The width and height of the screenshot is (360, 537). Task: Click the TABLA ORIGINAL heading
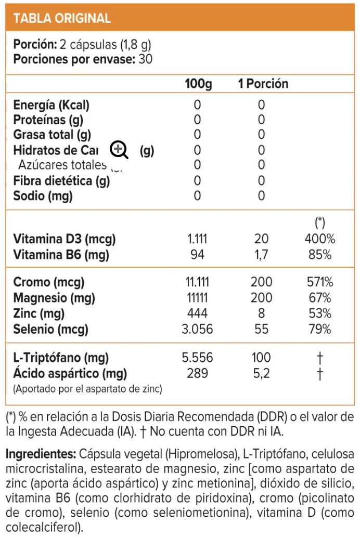pos(62,18)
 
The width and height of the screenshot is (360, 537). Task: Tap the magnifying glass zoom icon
pos(119,150)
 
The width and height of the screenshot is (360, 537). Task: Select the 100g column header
pos(198,84)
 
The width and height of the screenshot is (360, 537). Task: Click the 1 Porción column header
pos(263,84)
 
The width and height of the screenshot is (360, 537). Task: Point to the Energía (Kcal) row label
pos(51,104)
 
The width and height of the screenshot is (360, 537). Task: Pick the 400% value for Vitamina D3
pos(320,239)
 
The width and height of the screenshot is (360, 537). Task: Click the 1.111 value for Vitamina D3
pos(197,239)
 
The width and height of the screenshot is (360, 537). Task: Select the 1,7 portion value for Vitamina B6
pos(261,255)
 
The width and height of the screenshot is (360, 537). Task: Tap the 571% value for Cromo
pos(319,282)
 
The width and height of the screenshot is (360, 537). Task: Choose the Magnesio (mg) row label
pos(47,298)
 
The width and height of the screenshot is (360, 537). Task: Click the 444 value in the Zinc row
pos(197,313)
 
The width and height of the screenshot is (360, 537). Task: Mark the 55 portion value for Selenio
pos(261,329)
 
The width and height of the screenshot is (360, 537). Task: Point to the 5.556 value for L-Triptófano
pos(197,358)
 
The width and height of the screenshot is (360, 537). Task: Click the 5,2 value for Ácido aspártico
pos(261,373)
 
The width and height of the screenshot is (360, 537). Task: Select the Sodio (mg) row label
pos(43,196)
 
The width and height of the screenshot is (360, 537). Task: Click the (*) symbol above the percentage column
pos(320,223)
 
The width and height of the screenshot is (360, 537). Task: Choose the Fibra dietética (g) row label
pos(61,180)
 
